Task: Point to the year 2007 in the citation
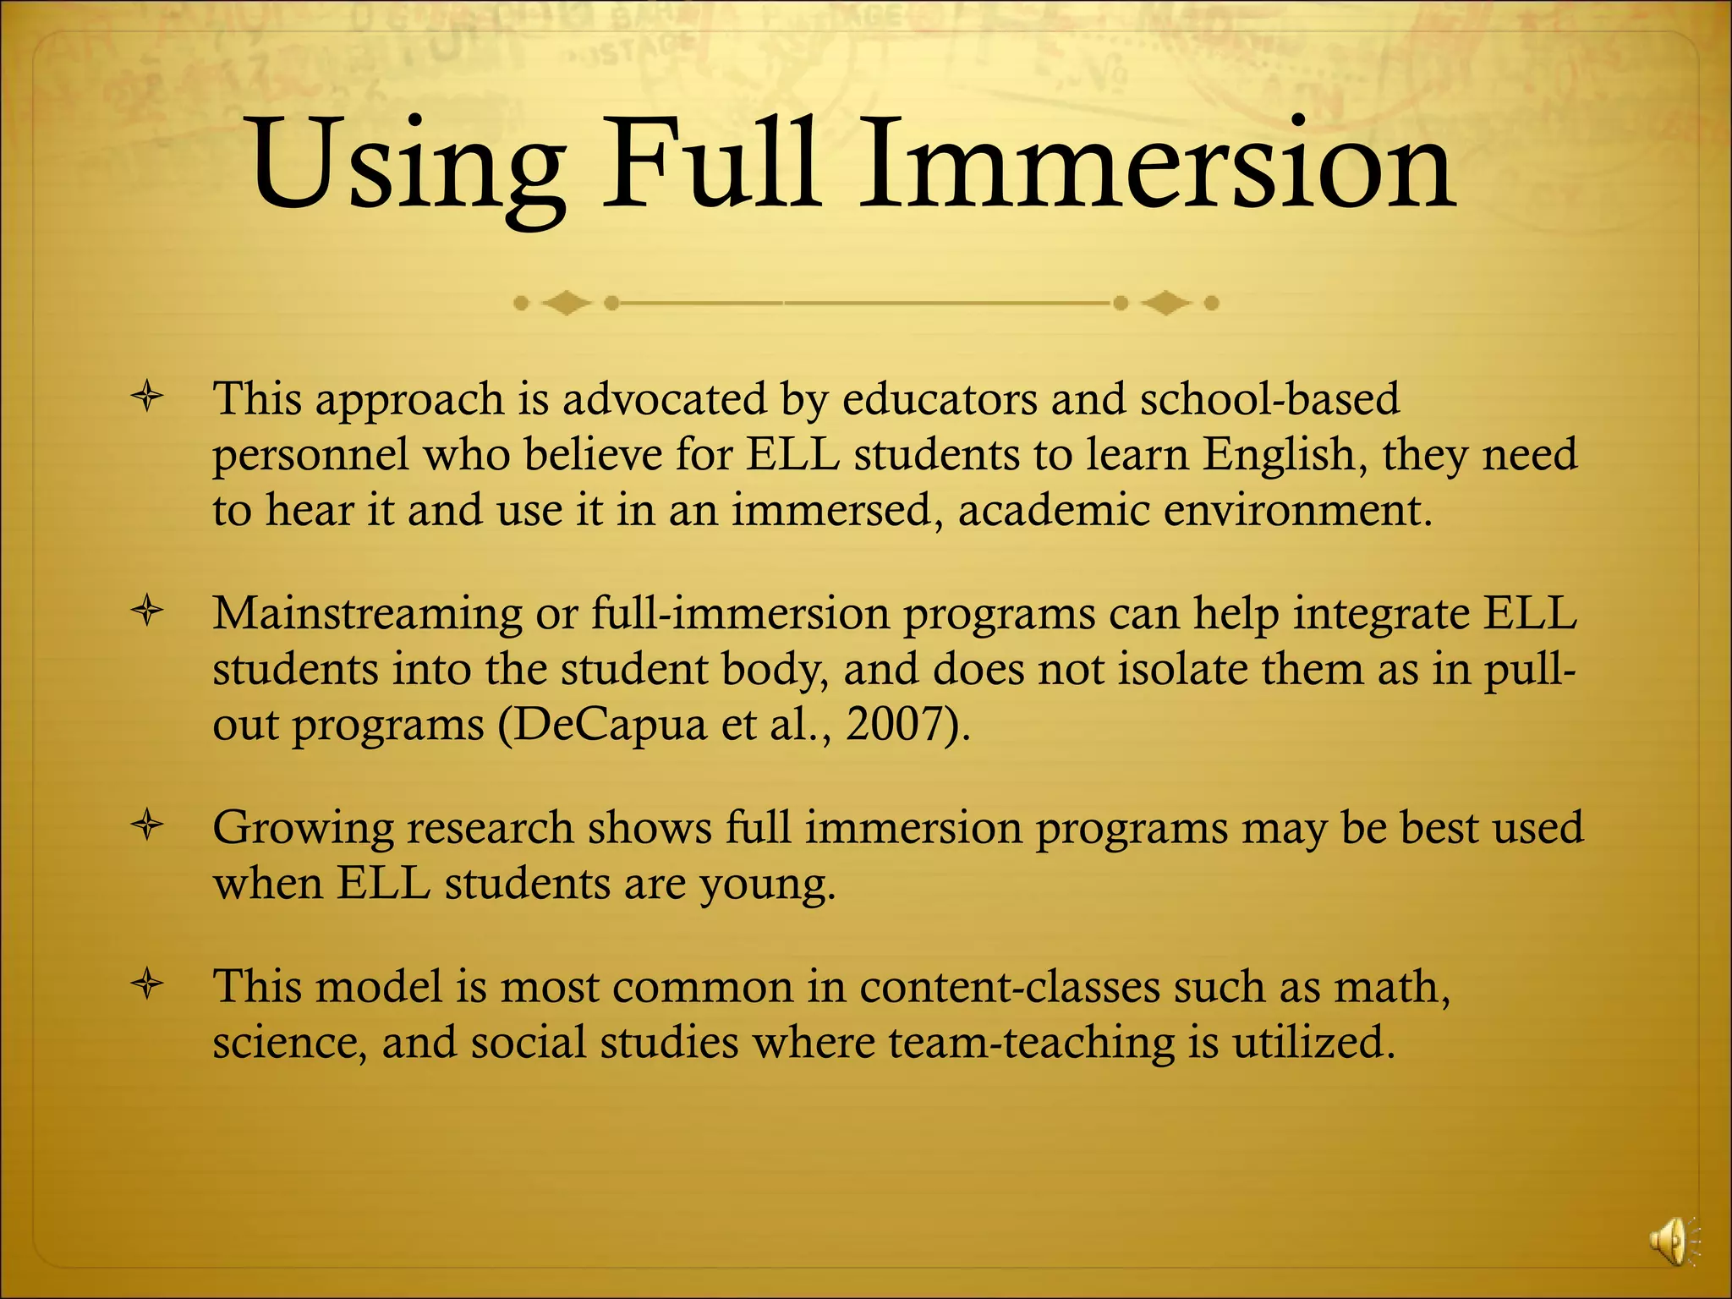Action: (x=895, y=724)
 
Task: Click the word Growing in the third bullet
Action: (x=303, y=829)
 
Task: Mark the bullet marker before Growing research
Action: (x=147, y=827)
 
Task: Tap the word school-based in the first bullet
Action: (x=1269, y=398)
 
